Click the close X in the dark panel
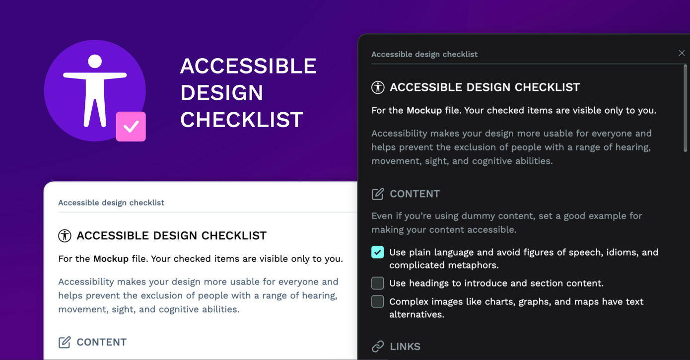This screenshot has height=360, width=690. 682,53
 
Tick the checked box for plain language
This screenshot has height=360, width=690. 377,252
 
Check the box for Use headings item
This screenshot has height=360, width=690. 377,283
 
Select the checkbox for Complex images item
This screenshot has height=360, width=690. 377,301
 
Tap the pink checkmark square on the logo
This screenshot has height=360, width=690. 131,127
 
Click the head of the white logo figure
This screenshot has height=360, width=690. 95,61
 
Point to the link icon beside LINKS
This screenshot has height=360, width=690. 378,346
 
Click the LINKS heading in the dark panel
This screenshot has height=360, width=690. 405,347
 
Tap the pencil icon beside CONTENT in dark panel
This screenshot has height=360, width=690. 378,194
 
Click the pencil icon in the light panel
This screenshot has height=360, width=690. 65,342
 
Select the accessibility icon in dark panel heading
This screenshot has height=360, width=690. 378,87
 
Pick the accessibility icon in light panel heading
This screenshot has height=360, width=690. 65,236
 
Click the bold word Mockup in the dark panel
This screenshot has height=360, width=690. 424,110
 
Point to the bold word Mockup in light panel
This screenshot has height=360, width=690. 111,259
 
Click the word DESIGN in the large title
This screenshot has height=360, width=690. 221,93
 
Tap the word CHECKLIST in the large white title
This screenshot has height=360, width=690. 241,120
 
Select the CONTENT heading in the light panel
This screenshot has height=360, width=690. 101,342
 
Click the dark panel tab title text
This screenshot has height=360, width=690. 424,54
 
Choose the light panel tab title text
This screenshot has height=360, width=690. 111,203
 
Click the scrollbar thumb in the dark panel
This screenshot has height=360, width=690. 685,107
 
